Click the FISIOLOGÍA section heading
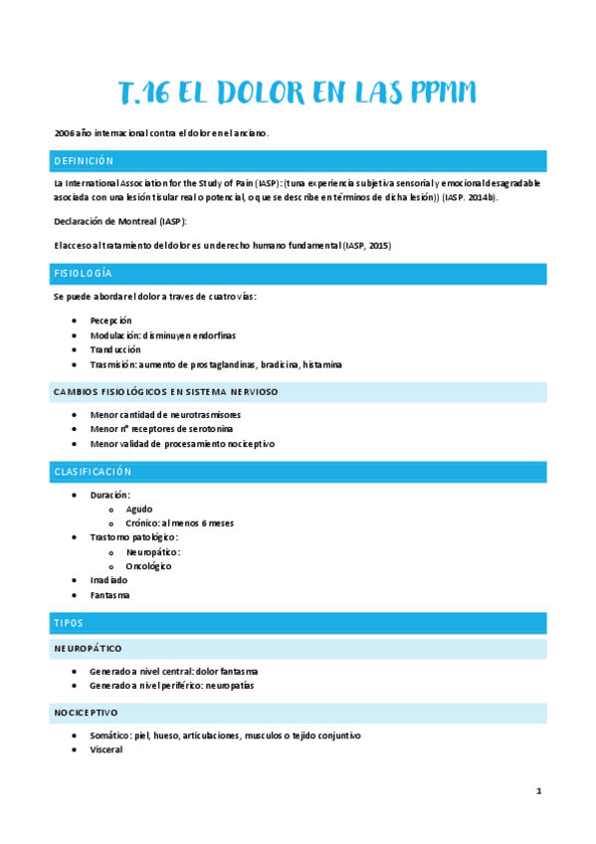click(x=83, y=273)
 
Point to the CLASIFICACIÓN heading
click(x=93, y=472)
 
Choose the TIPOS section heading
click(x=69, y=623)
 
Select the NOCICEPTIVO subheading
click(x=86, y=713)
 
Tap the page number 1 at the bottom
click(x=538, y=791)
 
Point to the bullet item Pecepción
click(x=110, y=320)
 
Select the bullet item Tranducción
click(x=114, y=350)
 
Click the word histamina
click(x=322, y=365)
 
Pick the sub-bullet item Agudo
click(x=139, y=509)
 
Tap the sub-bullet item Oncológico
click(x=148, y=566)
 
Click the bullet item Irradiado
click(x=108, y=580)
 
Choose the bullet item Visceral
click(x=106, y=749)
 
